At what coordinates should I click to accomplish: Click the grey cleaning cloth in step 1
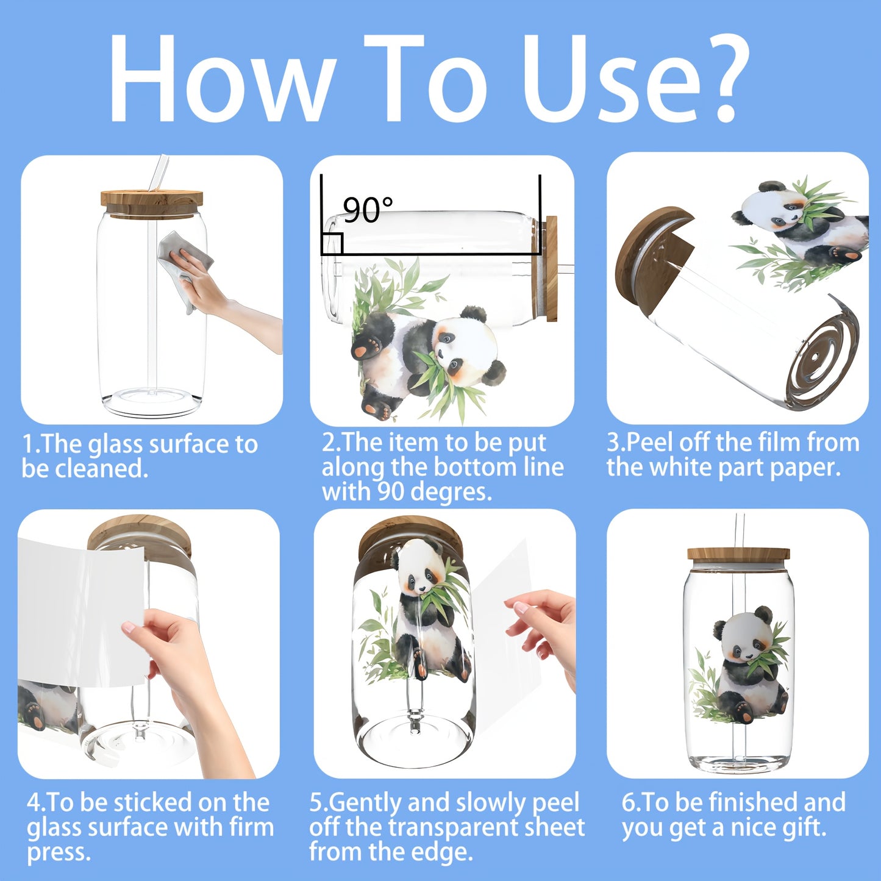tap(185, 266)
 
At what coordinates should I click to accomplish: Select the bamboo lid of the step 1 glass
tap(152, 204)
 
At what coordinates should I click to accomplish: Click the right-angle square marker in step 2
tap(332, 243)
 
